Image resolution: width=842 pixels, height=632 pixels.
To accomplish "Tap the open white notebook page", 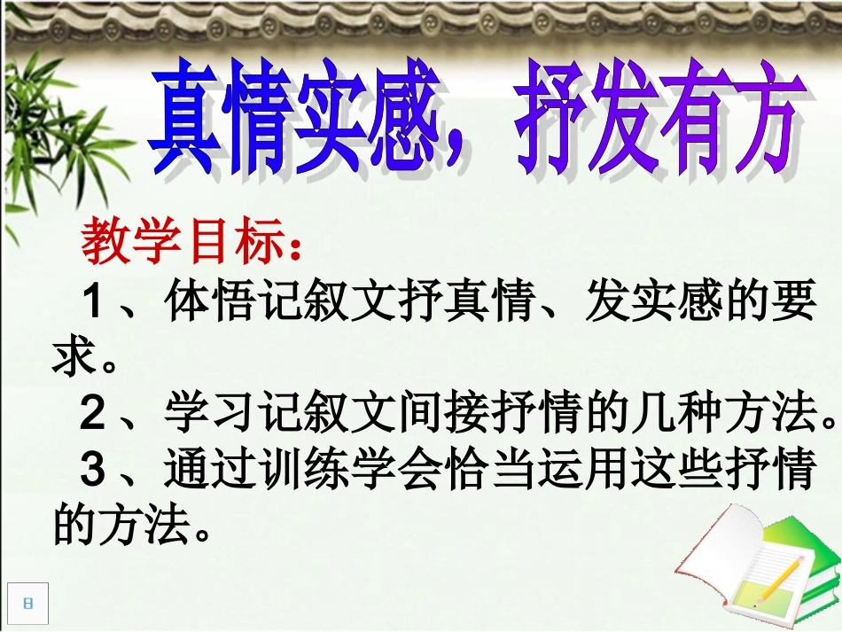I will [718, 550].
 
